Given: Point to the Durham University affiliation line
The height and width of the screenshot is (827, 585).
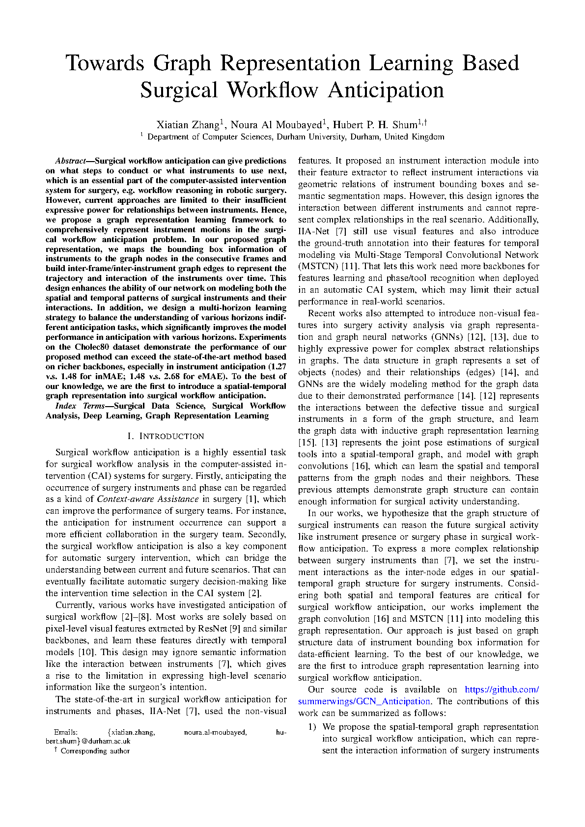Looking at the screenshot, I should point(295,137).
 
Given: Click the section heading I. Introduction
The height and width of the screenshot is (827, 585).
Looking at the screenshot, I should point(166,436).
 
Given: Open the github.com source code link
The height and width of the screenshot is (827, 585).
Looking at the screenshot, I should point(501,689).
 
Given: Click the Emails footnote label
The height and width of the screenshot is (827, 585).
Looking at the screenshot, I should point(65,732).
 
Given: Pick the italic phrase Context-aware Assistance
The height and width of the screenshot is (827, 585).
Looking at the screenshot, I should point(147,499).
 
